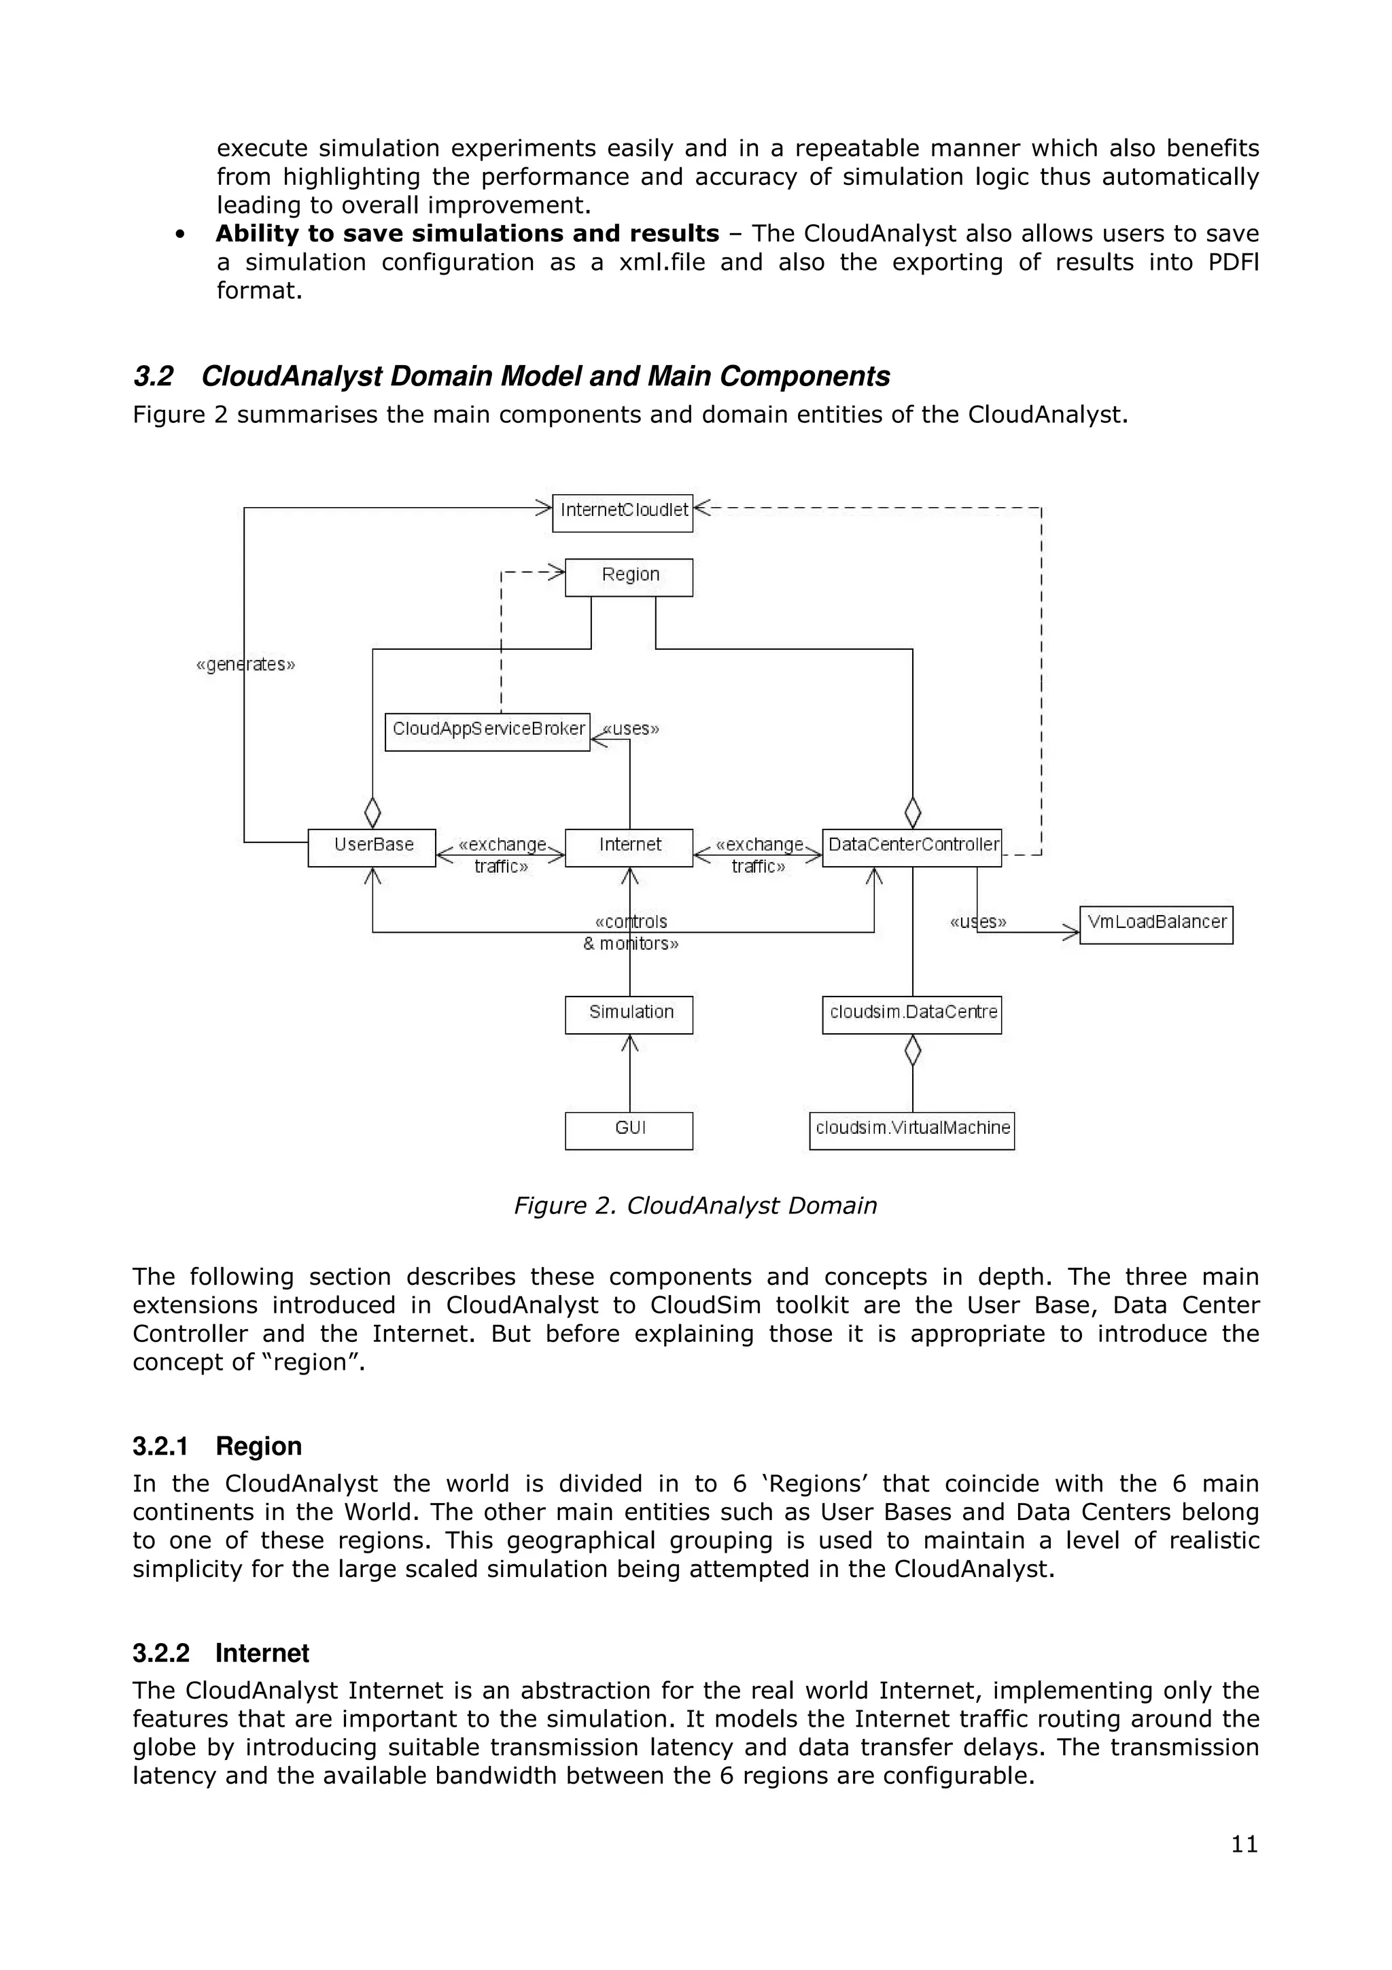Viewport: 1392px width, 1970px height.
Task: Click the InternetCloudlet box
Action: [x=622, y=513]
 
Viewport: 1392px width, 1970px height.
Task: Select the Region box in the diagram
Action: [x=629, y=576]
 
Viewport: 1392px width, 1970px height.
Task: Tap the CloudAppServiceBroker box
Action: [x=487, y=731]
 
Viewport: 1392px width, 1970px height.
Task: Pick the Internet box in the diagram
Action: [x=629, y=847]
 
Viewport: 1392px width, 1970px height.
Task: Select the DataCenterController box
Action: [x=911, y=847]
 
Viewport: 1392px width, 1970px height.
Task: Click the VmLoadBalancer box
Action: [x=1155, y=924]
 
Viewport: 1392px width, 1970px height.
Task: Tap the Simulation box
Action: [x=629, y=1014]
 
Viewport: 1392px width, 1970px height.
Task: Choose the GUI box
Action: [x=629, y=1130]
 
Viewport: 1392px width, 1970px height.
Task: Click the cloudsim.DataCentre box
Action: [x=911, y=1014]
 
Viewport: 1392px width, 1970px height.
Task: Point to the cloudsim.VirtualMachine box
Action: [x=911, y=1130]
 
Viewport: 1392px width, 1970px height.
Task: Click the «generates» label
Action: [x=245, y=664]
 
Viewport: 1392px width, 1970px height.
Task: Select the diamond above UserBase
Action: [x=372, y=812]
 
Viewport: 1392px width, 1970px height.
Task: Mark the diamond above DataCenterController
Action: [x=913, y=812]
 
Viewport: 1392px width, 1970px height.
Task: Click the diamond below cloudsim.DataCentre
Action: [x=913, y=1050]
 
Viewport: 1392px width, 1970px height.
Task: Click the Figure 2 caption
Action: [x=695, y=1205]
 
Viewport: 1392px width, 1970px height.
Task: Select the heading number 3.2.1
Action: [x=160, y=1447]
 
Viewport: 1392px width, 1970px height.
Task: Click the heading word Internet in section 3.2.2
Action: [x=262, y=1653]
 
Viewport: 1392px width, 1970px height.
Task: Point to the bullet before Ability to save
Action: [x=180, y=235]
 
